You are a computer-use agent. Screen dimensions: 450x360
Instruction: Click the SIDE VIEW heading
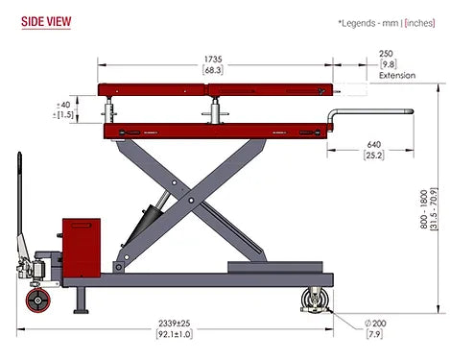click(46, 22)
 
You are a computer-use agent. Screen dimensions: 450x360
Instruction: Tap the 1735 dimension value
click(213, 60)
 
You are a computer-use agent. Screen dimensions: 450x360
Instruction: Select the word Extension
click(397, 76)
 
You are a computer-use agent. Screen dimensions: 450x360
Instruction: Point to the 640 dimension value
click(374, 144)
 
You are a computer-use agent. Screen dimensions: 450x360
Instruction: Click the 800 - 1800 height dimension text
click(424, 209)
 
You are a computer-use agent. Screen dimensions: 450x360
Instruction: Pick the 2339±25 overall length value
click(175, 324)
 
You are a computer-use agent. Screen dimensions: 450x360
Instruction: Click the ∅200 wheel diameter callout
click(375, 324)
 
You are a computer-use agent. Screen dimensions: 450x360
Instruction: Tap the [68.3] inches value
click(213, 70)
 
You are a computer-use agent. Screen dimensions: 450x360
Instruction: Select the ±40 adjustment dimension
click(63, 105)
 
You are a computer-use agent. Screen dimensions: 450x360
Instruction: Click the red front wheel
click(38, 300)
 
